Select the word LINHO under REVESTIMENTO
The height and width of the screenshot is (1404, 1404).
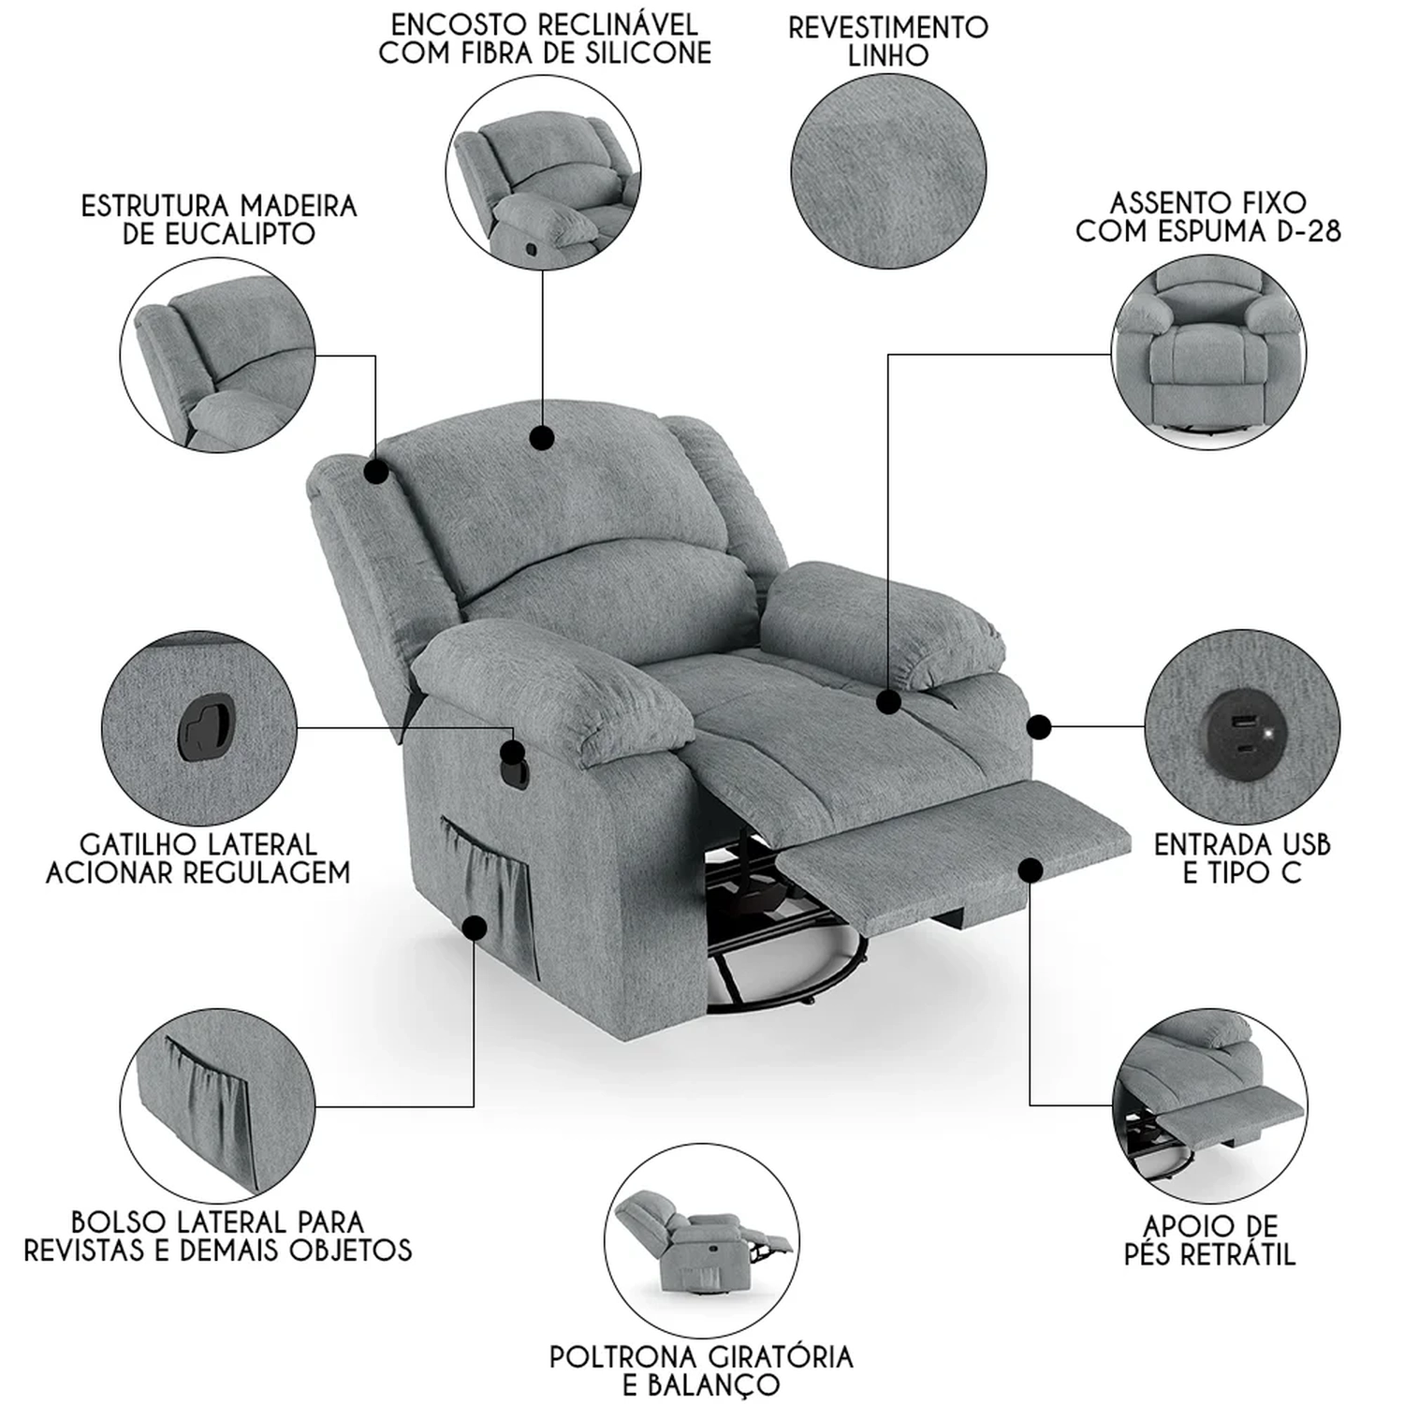tap(888, 55)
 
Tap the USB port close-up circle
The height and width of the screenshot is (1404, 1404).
tap(1242, 727)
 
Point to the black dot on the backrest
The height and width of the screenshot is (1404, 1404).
tap(541, 438)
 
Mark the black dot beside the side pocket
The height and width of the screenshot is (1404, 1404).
tap(475, 928)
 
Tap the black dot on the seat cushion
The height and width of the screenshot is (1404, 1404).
tap(888, 700)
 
